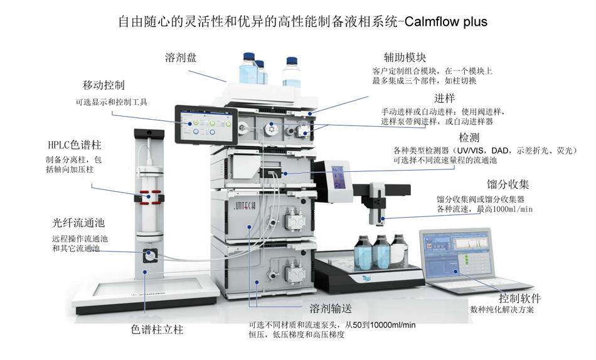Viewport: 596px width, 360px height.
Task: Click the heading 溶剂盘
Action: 181,58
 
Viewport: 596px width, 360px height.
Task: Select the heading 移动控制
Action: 104,85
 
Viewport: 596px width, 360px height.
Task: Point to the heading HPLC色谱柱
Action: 75,145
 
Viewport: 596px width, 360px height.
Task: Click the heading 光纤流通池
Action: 78,224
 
